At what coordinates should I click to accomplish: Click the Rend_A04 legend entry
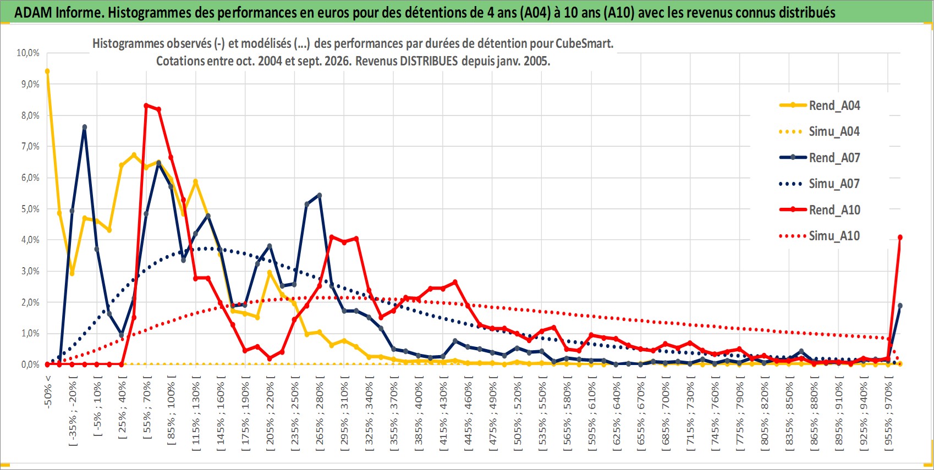tap(820, 106)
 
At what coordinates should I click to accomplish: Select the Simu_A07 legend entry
tap(820, 184)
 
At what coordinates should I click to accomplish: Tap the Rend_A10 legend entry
tap(820, 209)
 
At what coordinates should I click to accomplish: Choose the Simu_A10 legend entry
tap(820, 236)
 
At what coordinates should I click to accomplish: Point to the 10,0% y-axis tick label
tap(28, 53)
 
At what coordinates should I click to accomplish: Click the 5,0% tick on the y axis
tap(30, 209)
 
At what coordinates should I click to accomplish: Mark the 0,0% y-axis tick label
tap(30, 364)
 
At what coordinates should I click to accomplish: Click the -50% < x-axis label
tap(47, 392)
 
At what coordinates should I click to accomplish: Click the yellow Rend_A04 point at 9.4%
tap(47, 71)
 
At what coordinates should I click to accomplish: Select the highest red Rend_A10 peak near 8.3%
tap(146, 106)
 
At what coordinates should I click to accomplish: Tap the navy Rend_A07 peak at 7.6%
tap(85, 127)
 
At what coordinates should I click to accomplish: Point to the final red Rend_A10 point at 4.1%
tap(900, 237)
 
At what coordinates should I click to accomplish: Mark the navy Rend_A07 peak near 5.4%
tap(320, 195)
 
